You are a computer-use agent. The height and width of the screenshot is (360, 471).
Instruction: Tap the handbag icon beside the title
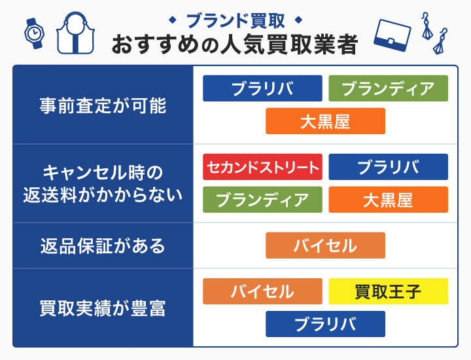77,32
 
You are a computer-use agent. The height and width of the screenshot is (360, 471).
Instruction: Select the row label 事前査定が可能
103,105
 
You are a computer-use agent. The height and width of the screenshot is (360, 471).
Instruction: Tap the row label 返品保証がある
103,245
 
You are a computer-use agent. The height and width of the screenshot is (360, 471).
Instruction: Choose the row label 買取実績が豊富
103,308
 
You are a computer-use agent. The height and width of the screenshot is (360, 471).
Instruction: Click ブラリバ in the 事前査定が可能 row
262,88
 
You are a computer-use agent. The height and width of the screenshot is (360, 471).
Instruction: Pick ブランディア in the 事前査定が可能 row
388,88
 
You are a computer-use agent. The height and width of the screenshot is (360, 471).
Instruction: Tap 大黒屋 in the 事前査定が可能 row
325,121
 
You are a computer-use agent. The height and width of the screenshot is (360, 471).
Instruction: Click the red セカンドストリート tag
262,167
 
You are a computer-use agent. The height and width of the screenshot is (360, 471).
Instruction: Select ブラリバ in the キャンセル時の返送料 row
388,167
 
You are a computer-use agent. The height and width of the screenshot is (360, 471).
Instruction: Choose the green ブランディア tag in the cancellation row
262,200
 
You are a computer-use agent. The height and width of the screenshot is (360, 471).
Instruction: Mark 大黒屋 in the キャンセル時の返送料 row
388,200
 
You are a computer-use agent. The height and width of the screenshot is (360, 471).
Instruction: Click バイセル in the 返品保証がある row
325,245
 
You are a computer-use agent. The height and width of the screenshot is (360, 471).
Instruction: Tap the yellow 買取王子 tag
388,291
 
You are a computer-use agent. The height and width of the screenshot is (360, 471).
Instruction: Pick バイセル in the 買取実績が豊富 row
262,291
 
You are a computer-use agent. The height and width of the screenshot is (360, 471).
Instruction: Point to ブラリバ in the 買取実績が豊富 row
325,324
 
